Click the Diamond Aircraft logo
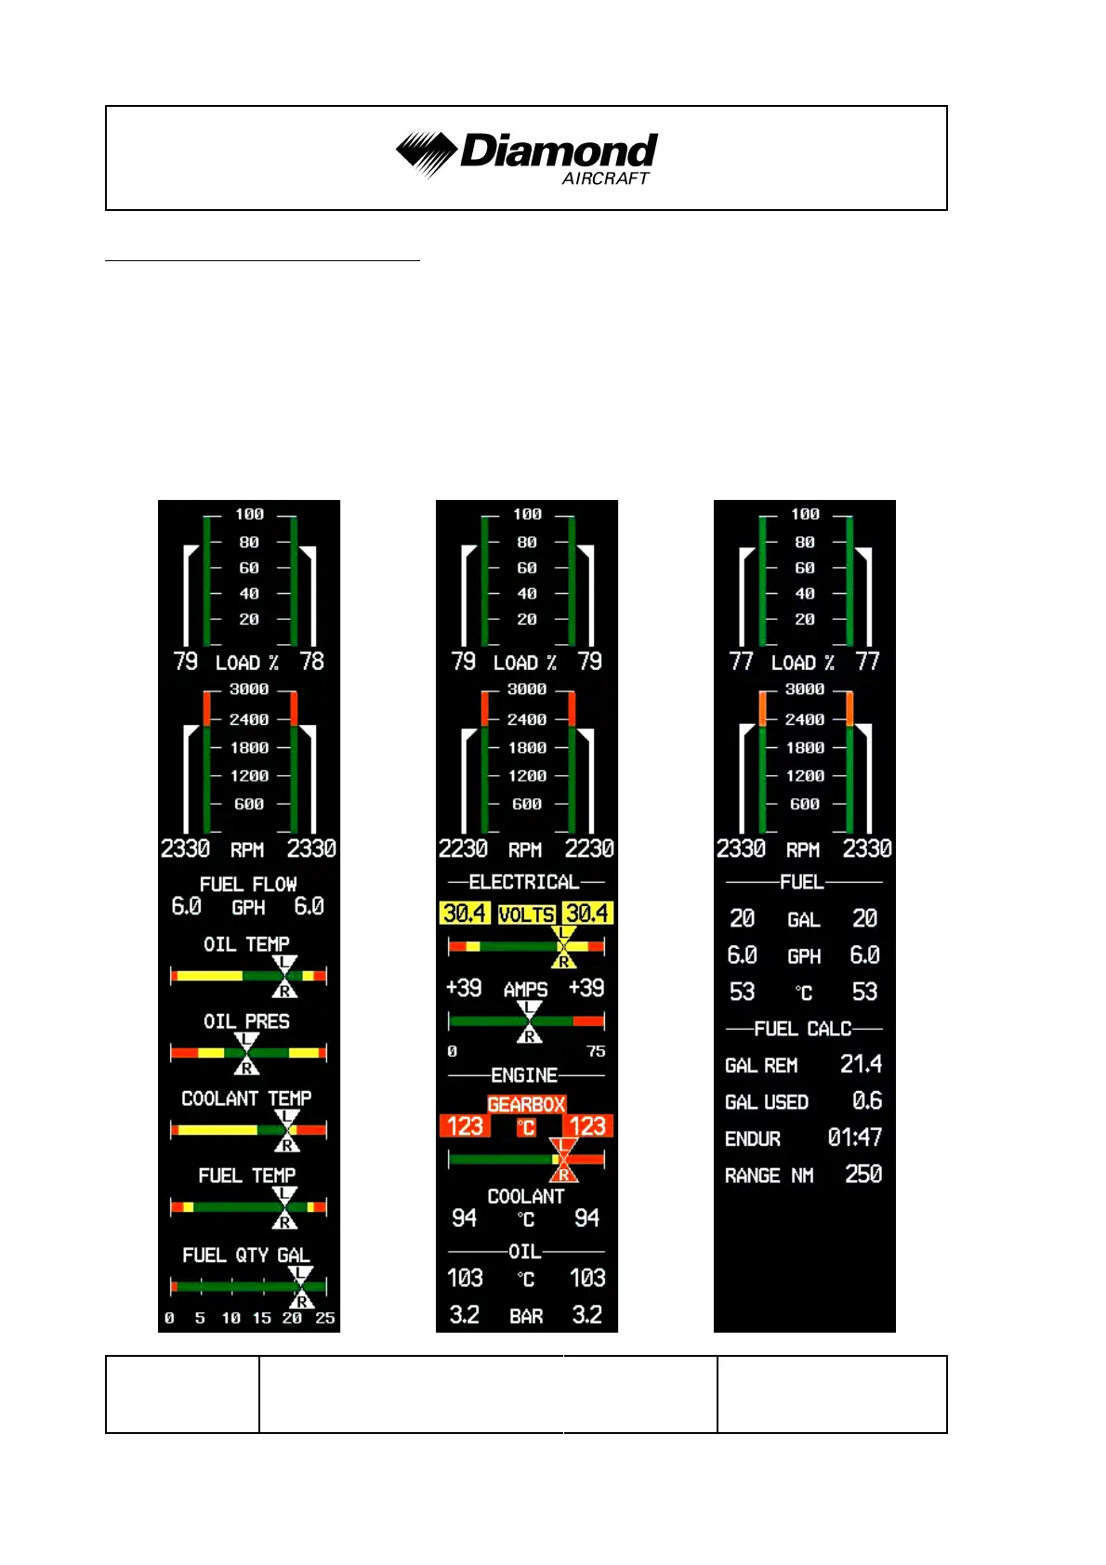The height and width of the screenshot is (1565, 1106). click(527, 156)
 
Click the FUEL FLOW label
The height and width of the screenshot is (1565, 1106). click(248, 884)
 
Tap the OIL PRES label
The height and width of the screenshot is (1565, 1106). click(246, 1021)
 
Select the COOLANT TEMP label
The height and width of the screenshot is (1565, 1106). click(246, 1098)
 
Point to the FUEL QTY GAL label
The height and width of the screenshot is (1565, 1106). click(246, 1256)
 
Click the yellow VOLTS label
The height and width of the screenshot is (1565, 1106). click(526, 914)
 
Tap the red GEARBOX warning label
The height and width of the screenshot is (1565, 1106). click(526, 1104)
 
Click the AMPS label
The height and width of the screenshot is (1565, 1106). click(525, 990)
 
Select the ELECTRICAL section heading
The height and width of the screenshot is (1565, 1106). click(524, 882)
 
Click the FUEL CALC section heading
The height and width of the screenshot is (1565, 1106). click(803, 1029)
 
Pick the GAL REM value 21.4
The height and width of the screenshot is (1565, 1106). click(861, 1064)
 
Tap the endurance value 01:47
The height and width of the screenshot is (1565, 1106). click(854, 1138)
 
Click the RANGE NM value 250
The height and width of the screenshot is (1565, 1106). click(863, 1175)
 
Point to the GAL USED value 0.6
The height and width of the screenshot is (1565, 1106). click(867, 1101)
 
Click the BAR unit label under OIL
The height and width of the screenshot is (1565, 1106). click(526, 1316)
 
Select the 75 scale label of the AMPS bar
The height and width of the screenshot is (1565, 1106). click(596, 1051)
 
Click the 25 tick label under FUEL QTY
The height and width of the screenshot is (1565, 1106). click(324, 1318)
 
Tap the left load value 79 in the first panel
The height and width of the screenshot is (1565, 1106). click(186, 662)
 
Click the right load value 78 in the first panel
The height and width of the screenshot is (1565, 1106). click(312, 662)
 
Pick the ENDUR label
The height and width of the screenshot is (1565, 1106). click(753, 1139)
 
